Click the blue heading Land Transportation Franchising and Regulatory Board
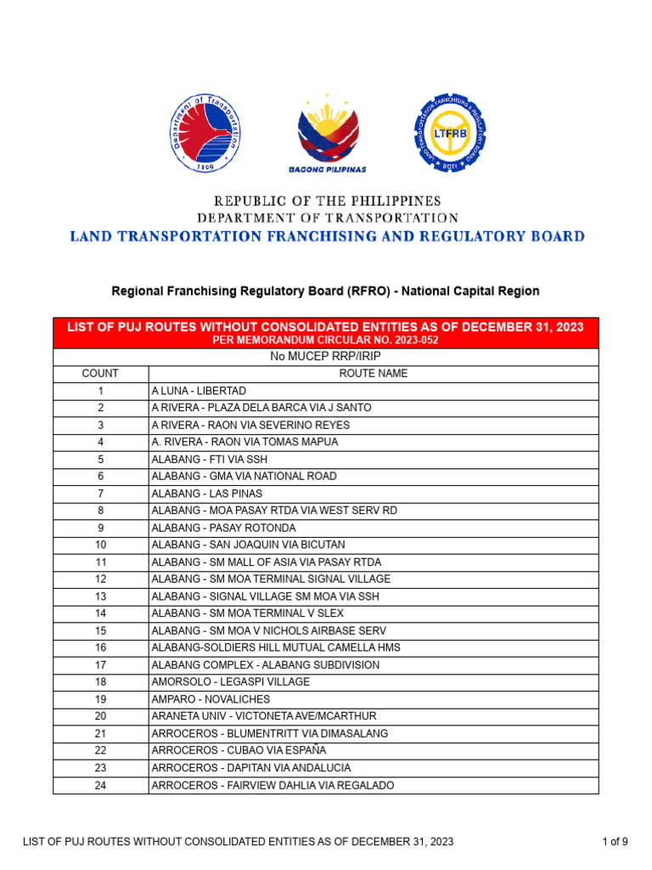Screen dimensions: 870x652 tap(327, 236)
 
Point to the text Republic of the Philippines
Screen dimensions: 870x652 tap(327, 201)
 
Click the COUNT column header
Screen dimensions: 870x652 tap(100, 374)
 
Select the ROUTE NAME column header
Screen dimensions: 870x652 tap(373, 374)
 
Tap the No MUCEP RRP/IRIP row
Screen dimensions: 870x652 tap(326, 357)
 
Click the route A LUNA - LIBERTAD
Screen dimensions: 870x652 tap(199, 391)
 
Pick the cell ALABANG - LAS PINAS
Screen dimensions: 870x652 tap(206, 494)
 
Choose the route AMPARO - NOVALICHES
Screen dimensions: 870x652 tap(211, 699)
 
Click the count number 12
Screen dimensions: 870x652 tap(100, 579)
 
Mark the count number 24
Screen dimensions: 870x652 tap(100, 786)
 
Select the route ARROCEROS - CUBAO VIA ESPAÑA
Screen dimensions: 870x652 tap(239, 751)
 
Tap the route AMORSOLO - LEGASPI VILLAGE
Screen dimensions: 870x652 tap(230, 682)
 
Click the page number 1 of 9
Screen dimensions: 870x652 tap(615, 842)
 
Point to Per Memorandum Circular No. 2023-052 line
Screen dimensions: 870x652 tap(326, 340)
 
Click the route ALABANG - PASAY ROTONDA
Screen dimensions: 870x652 tap(223, 528)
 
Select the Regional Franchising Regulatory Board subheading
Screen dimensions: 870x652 tap(326, 291)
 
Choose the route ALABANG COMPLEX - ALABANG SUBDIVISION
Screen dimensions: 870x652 tap(265, 665)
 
